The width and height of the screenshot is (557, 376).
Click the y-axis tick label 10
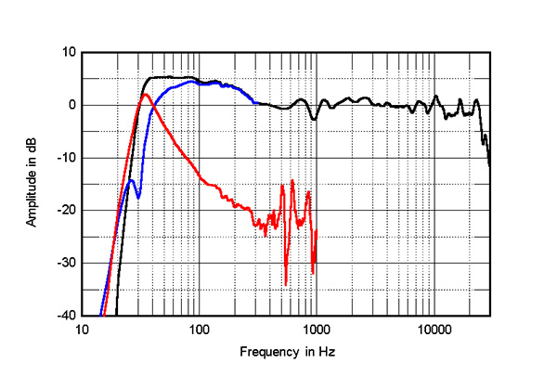click(67, 52)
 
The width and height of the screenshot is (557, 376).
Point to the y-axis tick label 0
click(71, 105)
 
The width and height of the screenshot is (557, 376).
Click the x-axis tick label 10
click(82, 330)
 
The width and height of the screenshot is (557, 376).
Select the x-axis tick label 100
click(199, 330)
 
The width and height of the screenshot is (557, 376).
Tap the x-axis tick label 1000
click(316, 330)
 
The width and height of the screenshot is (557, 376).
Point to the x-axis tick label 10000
click(433, 330)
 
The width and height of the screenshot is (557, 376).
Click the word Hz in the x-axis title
click(327, 353)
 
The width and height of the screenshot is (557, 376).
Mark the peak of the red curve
click(145, 94)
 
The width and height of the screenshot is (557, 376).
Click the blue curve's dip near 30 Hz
click(137, 197)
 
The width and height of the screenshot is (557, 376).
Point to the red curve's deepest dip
click(286, 284)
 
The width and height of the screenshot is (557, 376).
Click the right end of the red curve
click(317, 230)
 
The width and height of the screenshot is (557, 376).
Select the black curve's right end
click(489, 164)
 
